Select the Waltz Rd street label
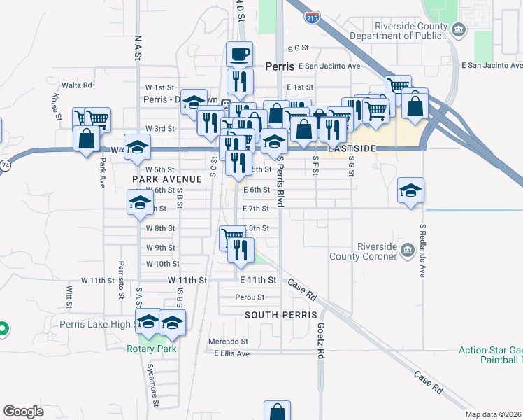(x=77, y=85)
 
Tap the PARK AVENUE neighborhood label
(x=166, y=179)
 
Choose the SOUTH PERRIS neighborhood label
(x=281, y=315)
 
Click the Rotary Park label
(x=152, y=349)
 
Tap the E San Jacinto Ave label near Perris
(x=329, y=66)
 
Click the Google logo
(x=23, y=412)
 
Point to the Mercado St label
(x=228, y=342)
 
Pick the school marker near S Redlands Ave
(x=410, y=191)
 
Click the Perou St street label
(x=249, y=297)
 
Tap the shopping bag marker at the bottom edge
(x=277, y=412)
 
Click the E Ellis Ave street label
(x=231, y=353)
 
